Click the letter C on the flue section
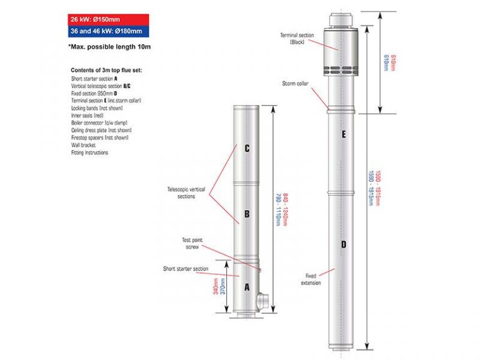(247, 149)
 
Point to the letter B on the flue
(247, 214)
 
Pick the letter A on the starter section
(247, 287)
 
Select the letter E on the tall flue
(343, 134)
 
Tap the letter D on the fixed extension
(343, 244)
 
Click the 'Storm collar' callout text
(294, 83)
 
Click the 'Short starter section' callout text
(186, 269)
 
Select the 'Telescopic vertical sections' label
(181, 192)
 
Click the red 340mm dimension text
(216, 288)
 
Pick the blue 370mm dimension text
(223, 288)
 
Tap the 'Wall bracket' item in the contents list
(83, 145)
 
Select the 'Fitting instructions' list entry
(89, 152)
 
